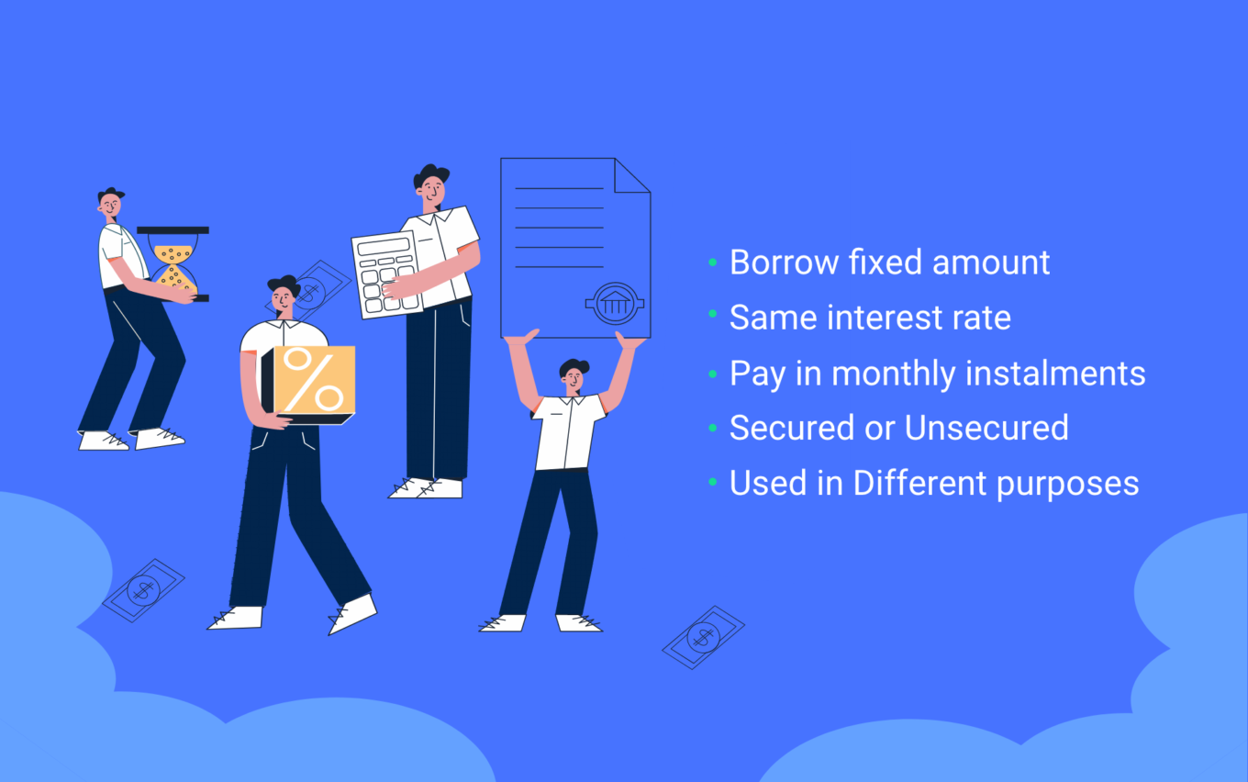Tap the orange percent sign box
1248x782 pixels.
pyautogui.click(x=312, y=380)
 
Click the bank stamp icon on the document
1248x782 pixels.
pyautogui.click(x=615, y=303)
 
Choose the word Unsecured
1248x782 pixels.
pyautogui.click(x=986, y=428)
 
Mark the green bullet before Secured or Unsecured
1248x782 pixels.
pyautogui.click(x=713, y=428)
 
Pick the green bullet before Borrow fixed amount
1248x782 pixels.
pyautogui.click(x=713, y=263)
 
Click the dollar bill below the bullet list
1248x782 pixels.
pyautogui.click(x=703, y=637)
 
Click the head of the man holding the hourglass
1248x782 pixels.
pyautogui.click(x=111, y=205)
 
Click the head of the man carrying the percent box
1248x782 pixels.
pyautogui.click(x=284, y=295)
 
